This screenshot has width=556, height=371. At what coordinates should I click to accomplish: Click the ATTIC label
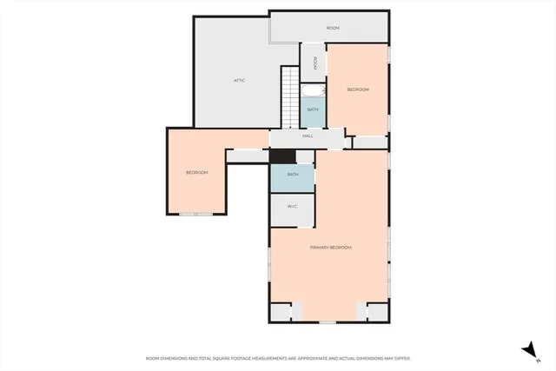point(239,81)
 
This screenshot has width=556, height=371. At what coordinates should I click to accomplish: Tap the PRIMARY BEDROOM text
point(331,248)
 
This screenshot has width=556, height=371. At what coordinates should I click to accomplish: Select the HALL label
point(308,136)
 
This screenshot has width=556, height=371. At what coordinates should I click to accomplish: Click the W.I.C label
point(293,206)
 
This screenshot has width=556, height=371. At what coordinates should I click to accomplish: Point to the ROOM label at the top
point(333,29)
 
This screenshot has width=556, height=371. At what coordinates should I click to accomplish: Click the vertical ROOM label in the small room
point(313,63)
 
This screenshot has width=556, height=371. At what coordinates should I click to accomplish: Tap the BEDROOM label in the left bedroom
point(197,173)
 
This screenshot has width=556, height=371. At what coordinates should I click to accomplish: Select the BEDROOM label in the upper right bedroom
point(358,89)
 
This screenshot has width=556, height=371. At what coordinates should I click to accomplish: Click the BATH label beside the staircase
point(312,109)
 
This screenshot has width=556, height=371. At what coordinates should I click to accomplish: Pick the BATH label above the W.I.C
point(293,175)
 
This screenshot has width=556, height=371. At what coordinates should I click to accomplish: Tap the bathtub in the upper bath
point(312,89)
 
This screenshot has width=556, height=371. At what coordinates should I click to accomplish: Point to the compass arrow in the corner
point(527,348)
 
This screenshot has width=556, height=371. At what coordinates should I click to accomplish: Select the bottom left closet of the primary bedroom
point(282,312)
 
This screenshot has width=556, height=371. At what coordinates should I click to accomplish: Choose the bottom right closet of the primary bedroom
point(377,312)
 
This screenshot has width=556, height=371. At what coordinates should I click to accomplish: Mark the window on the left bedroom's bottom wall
point(202,214)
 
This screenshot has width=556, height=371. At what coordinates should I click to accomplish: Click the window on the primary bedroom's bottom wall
point(328,322)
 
